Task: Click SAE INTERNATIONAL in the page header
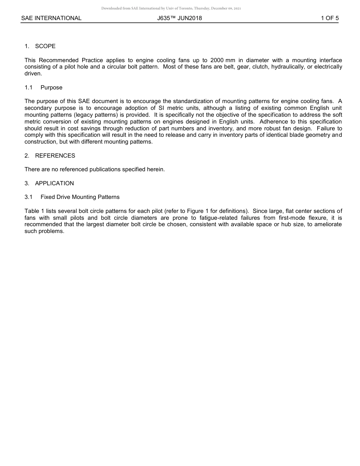click(51, 18)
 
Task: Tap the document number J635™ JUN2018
click(180, 18)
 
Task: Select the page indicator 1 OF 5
click(329, 18)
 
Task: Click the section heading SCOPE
click(45, 46)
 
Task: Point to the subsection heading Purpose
click(52, 88)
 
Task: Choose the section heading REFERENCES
click(55, 156)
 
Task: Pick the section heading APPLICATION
click(54, 183)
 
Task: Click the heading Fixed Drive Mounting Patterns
click(80, 197)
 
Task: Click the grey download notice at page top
click(171, 8)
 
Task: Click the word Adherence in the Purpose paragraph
click(273, 122)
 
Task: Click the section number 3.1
click(28, 197)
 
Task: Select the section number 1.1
click(28, 88)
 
